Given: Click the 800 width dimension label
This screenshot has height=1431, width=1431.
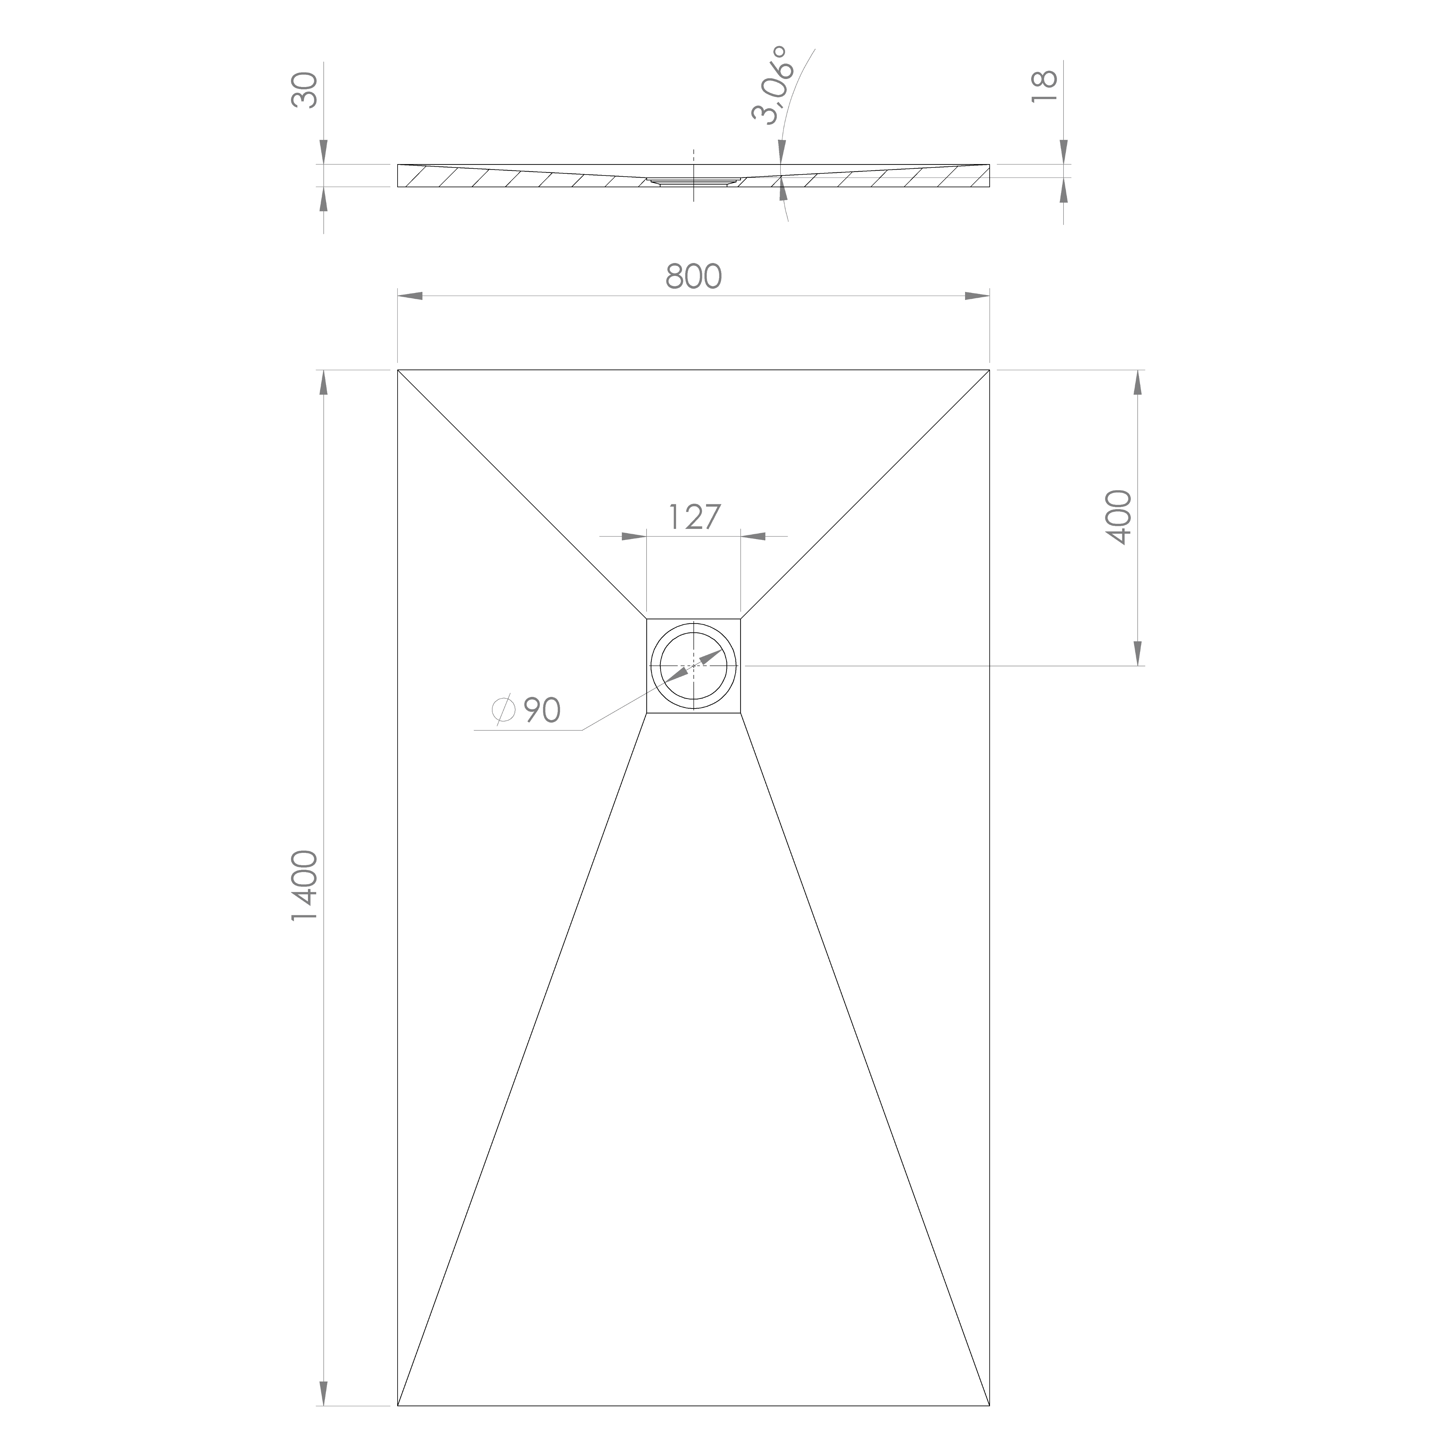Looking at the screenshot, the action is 693,276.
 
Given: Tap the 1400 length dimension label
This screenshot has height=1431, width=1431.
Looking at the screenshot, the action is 305,886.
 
